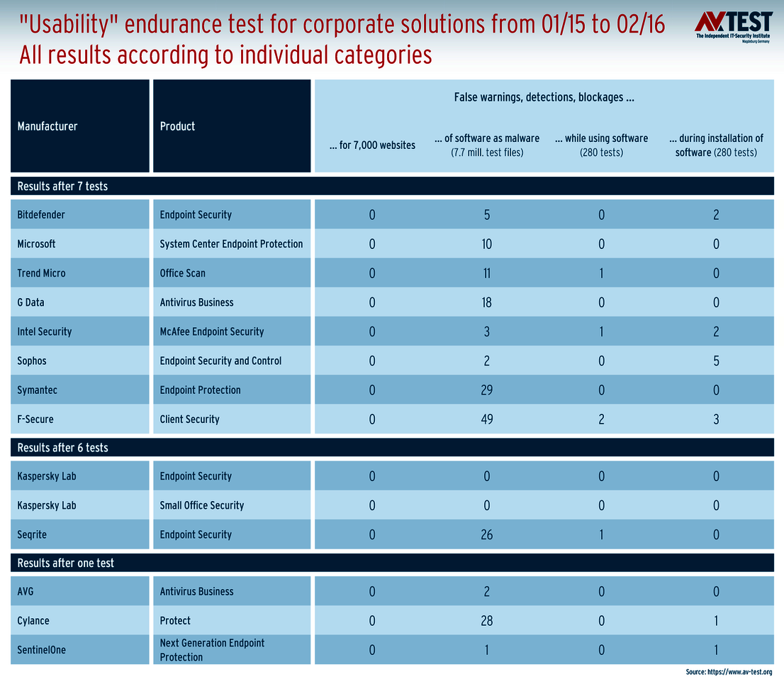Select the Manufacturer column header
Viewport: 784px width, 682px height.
click(x=47, y=126)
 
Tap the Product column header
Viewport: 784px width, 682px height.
click(x=178, y=126)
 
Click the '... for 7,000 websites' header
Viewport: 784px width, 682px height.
click(x=372, y=145)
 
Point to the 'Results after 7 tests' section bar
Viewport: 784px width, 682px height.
click(x=62, y=187)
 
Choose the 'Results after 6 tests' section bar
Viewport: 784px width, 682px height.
click(x=62, y=448)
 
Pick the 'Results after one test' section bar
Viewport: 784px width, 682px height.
click(x=65, y=563)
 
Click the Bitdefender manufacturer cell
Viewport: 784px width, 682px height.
click(x=41, y=215)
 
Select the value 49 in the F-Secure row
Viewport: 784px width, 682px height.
click(x=486, y=419)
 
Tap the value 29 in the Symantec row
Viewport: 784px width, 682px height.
click(x=486, y=390)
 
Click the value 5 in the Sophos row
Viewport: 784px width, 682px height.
click(x=716, y=361)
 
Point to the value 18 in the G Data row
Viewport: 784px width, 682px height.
click(x=486, y=303)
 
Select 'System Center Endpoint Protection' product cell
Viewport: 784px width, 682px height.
click(x=231, y=244)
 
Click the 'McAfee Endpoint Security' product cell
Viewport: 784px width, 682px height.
click(x=212, y=331)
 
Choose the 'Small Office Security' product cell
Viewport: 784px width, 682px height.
click(x=202, y=505)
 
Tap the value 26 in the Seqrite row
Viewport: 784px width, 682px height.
click(x=486, y=535)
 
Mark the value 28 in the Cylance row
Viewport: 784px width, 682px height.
click(x=486, y=621)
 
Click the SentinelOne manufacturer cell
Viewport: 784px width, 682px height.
click(x=41, y=650)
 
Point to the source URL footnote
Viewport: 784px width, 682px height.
click(x=729, y=672)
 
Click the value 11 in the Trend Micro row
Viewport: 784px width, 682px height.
click(x=486, y=273)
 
